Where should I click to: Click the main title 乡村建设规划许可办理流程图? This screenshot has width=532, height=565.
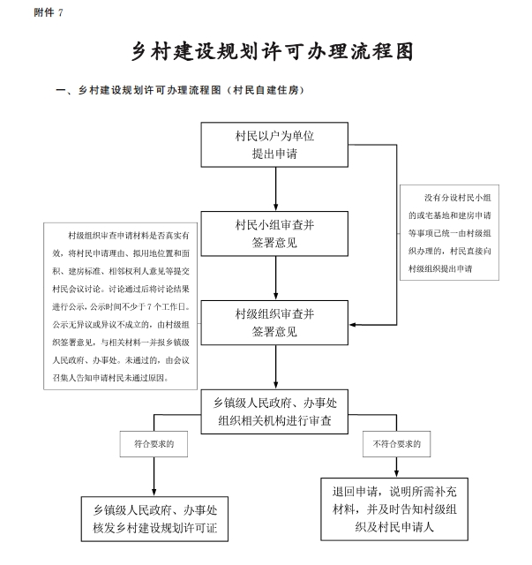(x=273, y=51)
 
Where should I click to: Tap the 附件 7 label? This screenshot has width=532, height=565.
(x=49, y=12)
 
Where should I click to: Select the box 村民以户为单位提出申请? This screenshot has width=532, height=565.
(x=274, y=145)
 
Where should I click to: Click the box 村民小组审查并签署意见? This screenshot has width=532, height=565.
(x=274, y=234)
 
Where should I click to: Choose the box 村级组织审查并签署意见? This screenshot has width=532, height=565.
(x=274, y=323)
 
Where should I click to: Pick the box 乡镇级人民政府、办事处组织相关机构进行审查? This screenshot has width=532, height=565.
(x=274, y=411)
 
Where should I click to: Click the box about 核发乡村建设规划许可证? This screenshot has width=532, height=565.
(x=154, y=519)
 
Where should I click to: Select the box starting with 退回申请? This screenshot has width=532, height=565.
(x=394, y=509)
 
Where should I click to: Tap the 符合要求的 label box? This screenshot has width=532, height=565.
(x=154, y=444)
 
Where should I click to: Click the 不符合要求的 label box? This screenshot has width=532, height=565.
(x=396, y=444)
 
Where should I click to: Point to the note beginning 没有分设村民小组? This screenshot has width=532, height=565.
(x=450, y=233)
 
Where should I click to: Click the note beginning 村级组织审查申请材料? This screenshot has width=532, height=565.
(x=120, y=306)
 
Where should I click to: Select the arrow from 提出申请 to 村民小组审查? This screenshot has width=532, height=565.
(x=276, y=189)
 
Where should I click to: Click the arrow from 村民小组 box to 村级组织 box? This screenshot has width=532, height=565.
(x=276, y=278)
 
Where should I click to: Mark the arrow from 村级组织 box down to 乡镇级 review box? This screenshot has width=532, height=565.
(x=276, y=367)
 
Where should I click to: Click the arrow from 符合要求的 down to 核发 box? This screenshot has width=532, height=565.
(x=154, y=477)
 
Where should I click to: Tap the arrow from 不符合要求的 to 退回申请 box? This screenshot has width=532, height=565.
(x=396, y=467)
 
